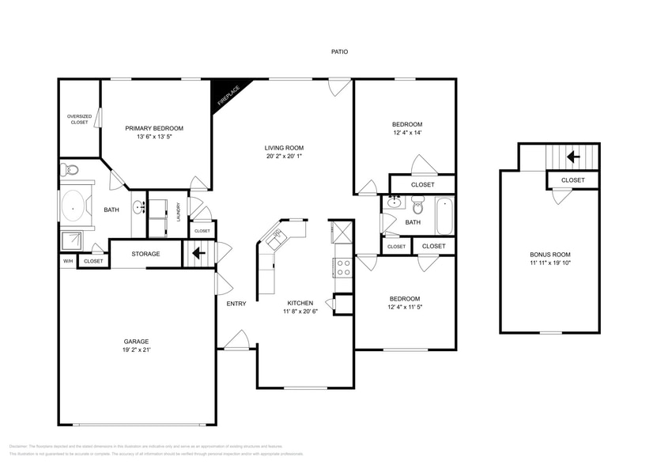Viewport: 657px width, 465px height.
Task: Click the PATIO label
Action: (339, 52)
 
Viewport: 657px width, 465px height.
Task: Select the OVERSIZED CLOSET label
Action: (78, 119)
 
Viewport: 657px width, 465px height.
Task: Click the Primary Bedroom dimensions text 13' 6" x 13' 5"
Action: (154, 137)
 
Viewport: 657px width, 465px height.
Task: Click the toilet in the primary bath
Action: (70, 169)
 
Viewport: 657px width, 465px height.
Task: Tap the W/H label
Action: (67, 261)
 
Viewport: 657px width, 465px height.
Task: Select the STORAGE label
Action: (145, 254)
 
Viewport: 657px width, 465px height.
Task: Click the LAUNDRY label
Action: (179, 214)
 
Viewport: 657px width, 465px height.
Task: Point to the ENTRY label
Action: (236, 304)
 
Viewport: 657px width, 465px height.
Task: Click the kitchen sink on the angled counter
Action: (278, 236)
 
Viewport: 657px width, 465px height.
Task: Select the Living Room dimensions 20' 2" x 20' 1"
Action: (284, 157)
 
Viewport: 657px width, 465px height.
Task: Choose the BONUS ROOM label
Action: (550, 254)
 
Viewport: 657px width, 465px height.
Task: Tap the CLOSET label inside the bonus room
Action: (573, 180)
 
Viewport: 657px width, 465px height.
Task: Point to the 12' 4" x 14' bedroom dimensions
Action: (407, 133)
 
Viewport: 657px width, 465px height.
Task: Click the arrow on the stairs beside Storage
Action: (197, 254)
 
